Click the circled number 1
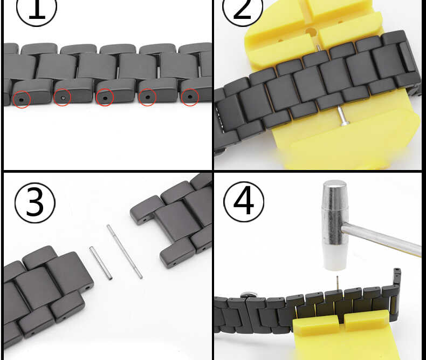[x=37, y=11]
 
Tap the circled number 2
[x=243, y=11]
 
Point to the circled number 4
[x=243, y=201]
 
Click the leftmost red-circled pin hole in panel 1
[x=22, y=100]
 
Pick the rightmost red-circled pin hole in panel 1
[x=189, y=98]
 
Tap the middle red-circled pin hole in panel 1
[x=104, y=98]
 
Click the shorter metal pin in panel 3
[x=101, y=263]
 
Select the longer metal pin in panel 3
[x=125, y=252]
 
